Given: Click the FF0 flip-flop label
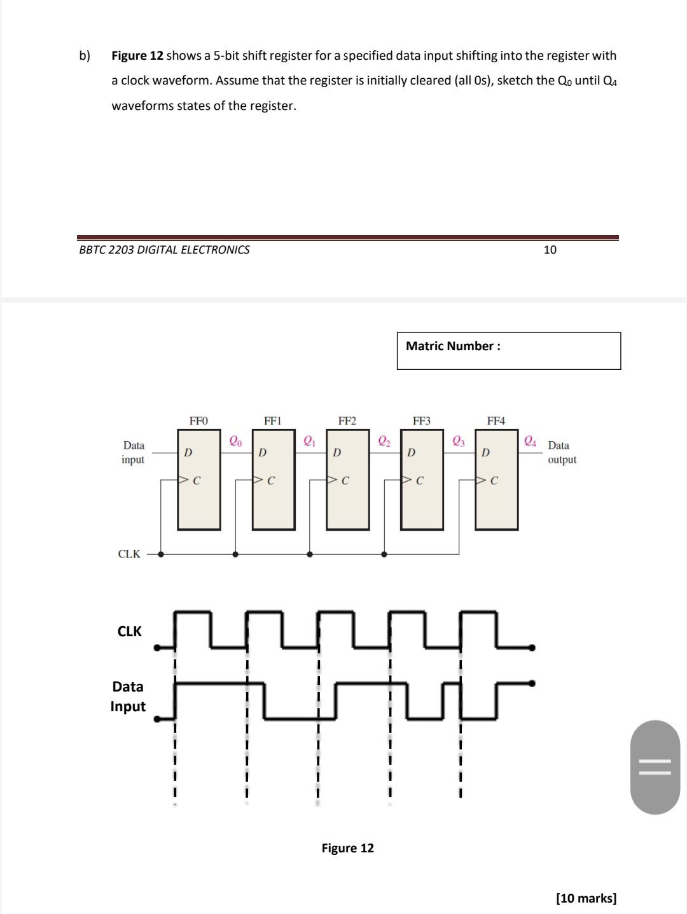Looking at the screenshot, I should click(198, 421).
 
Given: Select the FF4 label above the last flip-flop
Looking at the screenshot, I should click(496, 421).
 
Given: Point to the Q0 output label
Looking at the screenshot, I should click(235, 440).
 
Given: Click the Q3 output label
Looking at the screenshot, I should click(459, 440).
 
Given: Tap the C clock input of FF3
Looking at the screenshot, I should click(419, 481).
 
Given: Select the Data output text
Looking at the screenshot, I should click(562, 453).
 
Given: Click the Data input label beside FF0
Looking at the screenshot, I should click(133, 453).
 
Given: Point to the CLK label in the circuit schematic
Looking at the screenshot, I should click(129, 554).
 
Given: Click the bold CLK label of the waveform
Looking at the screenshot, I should click(130, 631).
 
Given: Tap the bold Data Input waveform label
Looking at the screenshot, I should click(128, 697).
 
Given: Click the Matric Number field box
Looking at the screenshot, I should click(508, 350).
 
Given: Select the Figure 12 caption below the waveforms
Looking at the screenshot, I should click(347, 848).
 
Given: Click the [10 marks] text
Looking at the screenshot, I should click(586, 898).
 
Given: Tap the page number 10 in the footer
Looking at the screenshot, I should click(550, 250).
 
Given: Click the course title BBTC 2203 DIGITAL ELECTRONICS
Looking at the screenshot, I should click(164, 250).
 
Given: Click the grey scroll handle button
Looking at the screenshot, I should click(655, 767).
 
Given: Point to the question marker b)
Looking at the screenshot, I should click(85, 55).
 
